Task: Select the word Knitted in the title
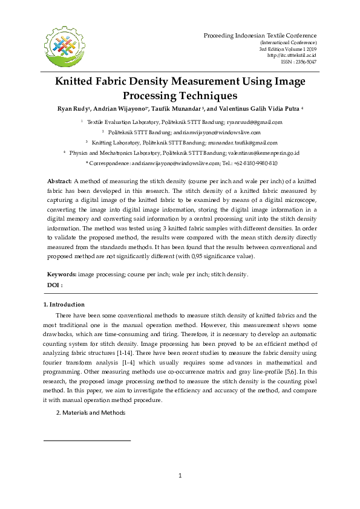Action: (x=79, y=82)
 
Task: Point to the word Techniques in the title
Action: (x=207, y=96)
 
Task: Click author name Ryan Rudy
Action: (x=72, y=109)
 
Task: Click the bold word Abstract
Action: (x=59, y=181)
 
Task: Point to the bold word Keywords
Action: (x=62, y=274)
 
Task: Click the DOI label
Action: (x=54, y=284)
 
